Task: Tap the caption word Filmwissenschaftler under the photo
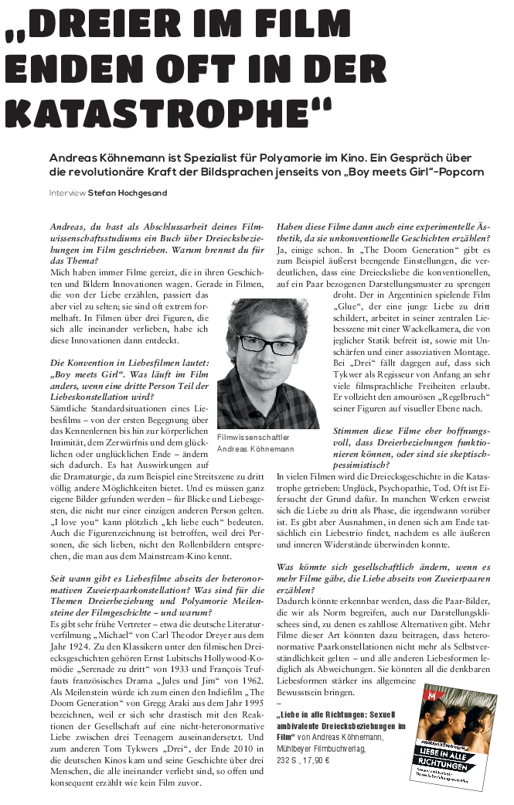point(252,437)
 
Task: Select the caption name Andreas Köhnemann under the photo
point(256,449)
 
